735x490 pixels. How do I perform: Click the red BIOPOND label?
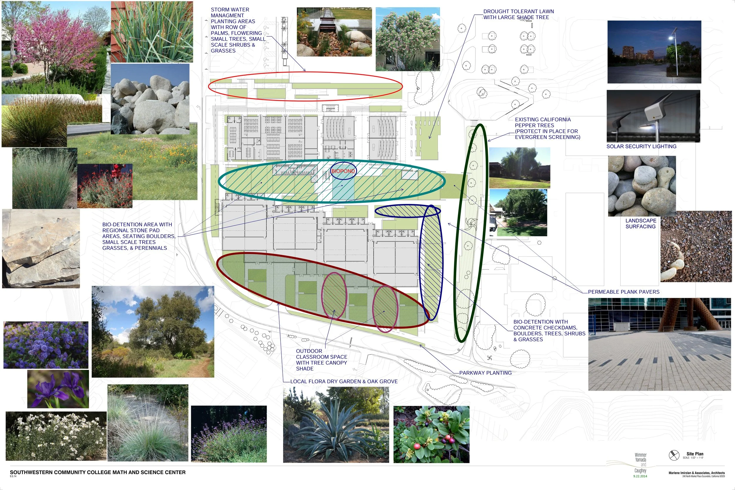[x=343, y=171]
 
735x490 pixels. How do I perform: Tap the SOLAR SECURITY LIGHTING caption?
[x=641, y=147]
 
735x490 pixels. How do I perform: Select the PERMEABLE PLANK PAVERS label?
[x=624, y=292]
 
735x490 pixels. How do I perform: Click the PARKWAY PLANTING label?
[x=485, y=373]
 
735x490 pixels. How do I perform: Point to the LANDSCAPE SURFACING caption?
[x=641, y=223]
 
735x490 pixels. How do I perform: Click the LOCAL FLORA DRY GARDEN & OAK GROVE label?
[x=344, y=382]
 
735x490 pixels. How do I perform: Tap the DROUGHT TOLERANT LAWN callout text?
[x=518, y=14]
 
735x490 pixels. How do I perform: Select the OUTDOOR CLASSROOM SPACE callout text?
[x=321, y=360]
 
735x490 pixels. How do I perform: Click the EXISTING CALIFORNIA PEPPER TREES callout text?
[x=547, y=128]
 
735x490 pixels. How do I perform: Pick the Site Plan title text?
[x=695, y=454]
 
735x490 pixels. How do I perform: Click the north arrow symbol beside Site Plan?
[x=674, y=455]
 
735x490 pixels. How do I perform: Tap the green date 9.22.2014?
[x=640, y=476]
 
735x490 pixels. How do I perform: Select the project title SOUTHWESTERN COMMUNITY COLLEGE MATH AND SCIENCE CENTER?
[x=98, y=472]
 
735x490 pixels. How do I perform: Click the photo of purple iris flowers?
[x=58, y=389]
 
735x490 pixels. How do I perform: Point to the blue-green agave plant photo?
[x=336, y=425]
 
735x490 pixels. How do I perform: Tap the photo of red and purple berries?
[x=431, y=434]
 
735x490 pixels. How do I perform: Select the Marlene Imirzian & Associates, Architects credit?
[x=696, y=473]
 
